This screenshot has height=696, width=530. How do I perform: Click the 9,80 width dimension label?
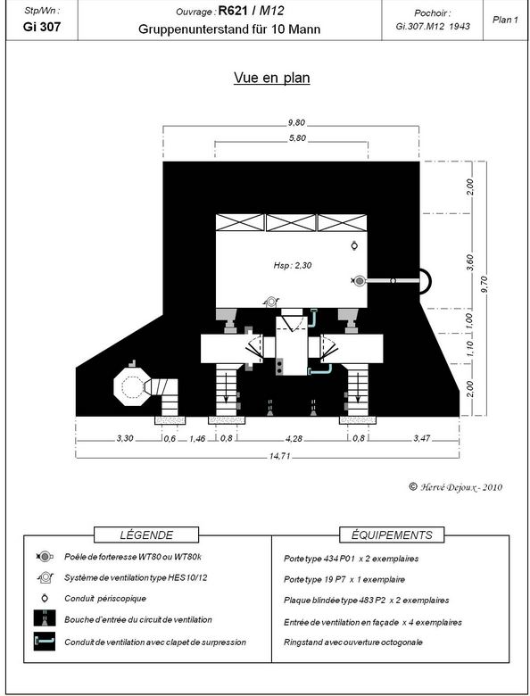tap(296, 123)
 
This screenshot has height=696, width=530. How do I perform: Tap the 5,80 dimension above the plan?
tap(297, 138)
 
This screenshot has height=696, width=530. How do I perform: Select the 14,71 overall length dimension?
tap(279, 456)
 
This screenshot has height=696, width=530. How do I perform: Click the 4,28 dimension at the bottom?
tap(294, 438)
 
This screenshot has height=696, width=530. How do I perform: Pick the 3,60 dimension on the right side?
tap(470, 261)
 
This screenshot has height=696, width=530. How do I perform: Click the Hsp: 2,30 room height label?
tap(293, 265)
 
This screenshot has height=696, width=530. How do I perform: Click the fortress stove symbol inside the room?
tap(358, 280)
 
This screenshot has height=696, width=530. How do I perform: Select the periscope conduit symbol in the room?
tap(354, 245)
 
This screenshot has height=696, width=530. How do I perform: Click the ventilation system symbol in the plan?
tap(270, 302)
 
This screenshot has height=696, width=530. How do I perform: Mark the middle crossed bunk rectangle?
tap(291, 223)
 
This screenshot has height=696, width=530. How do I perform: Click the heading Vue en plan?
tap(271, 78)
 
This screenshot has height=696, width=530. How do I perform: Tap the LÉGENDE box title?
tap(146, 534)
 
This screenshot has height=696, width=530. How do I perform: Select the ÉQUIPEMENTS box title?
tap(392, 534)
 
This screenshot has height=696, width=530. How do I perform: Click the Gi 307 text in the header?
tap(42, 27)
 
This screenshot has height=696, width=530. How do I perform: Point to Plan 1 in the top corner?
tap(505, 20)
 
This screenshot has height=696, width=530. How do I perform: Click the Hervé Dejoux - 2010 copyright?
tap(455, 487)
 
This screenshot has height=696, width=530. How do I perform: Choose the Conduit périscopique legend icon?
tap(45, 599)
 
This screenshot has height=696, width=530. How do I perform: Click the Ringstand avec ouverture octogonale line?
tap(353, 642)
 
